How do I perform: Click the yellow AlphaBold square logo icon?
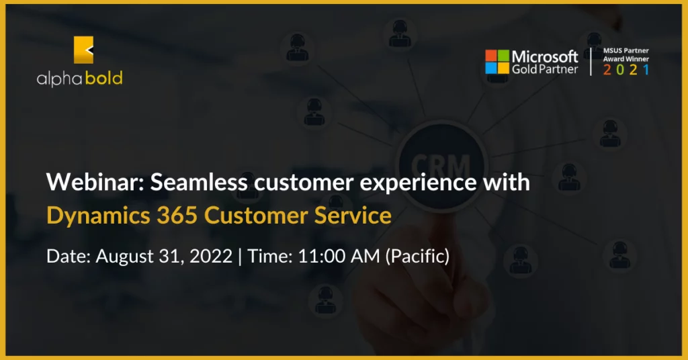point(83,50)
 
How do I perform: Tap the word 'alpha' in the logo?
point(60,79)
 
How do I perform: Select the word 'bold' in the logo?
point(104,78)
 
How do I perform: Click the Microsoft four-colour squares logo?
point(497,62)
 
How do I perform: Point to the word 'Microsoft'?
point(545,56)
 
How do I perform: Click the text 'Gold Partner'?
point(545,69)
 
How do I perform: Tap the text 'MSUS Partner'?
point(626,50)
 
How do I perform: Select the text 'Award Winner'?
point(626,58)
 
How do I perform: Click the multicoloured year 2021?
point(626,70)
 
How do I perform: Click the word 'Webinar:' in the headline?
point(95,181)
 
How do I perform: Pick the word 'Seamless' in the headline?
point(199,181)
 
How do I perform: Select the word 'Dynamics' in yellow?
point(98,216)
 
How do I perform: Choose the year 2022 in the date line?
point(210,256)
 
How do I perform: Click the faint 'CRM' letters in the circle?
point(441,167)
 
